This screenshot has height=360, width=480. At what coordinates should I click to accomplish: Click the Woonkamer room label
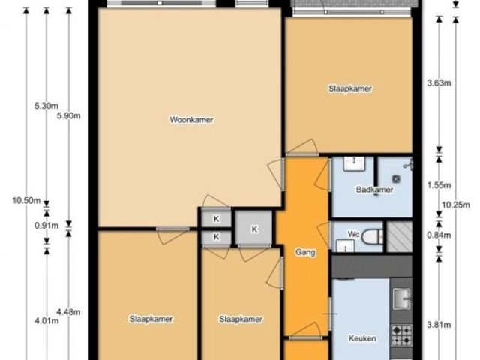(191, 120)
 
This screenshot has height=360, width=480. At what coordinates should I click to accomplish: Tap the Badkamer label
(374, 190)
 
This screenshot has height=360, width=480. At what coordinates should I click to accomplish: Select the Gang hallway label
(305, 252)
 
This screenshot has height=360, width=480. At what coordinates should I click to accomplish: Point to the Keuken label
(362, 338)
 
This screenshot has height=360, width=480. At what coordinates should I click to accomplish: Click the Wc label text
(353, 234)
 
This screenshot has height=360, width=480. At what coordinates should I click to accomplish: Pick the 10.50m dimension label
(26, 201)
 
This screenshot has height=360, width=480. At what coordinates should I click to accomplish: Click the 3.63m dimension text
(439, 82)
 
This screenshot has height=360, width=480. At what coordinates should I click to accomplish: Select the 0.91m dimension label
(46, 226)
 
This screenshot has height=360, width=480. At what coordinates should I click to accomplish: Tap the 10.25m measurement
(456, 205)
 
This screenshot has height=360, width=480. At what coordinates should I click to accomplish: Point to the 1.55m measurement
(439, 185)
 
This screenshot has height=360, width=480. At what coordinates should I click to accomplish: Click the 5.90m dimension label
(69, 115)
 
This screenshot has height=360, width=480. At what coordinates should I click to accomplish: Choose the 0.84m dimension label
(439, 235)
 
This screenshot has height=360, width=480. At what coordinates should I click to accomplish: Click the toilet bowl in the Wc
(372, 237)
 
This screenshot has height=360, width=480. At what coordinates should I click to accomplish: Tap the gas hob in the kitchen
(402, 335)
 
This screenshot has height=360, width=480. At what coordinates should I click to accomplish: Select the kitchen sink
(402, 298)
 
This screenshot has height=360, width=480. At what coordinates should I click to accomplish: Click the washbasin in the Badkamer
(354, 163)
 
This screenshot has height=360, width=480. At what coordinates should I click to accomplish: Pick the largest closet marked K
(253, 229)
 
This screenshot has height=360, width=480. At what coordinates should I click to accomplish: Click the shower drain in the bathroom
(397, 179)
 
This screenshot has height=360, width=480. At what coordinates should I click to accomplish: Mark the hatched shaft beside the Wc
(399, 237)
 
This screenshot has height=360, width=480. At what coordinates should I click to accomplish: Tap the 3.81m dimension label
(439, 325)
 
